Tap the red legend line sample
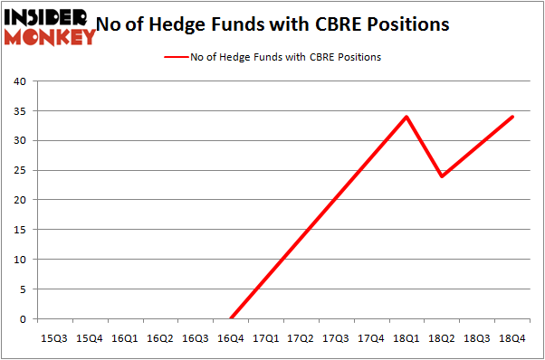coord(176,57)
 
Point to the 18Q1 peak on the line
coord(406,117)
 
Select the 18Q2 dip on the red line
coord(442,175)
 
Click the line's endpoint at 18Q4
coord(512,117)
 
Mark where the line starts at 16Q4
coord(231,318)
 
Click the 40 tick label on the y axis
coord(18,81)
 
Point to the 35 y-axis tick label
coord(18,111)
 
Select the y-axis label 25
coord(18,170)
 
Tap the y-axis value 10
coord(18,260)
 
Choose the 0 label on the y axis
coord(21,318)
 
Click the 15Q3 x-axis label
coord(54,337)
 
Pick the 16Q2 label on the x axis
coord(160,337)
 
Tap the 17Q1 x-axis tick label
coord(266,337)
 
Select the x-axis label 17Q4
coord(371,337)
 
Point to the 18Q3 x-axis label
coord(477,337)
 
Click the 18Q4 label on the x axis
coord(512,337)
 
